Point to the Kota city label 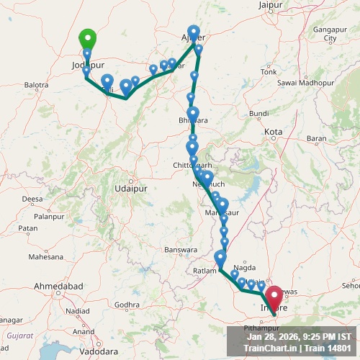(274, 132)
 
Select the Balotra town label (36, 85)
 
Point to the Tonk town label (269, 72)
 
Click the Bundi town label (258, 114)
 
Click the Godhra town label (126, 305)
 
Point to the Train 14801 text (325, 348)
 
